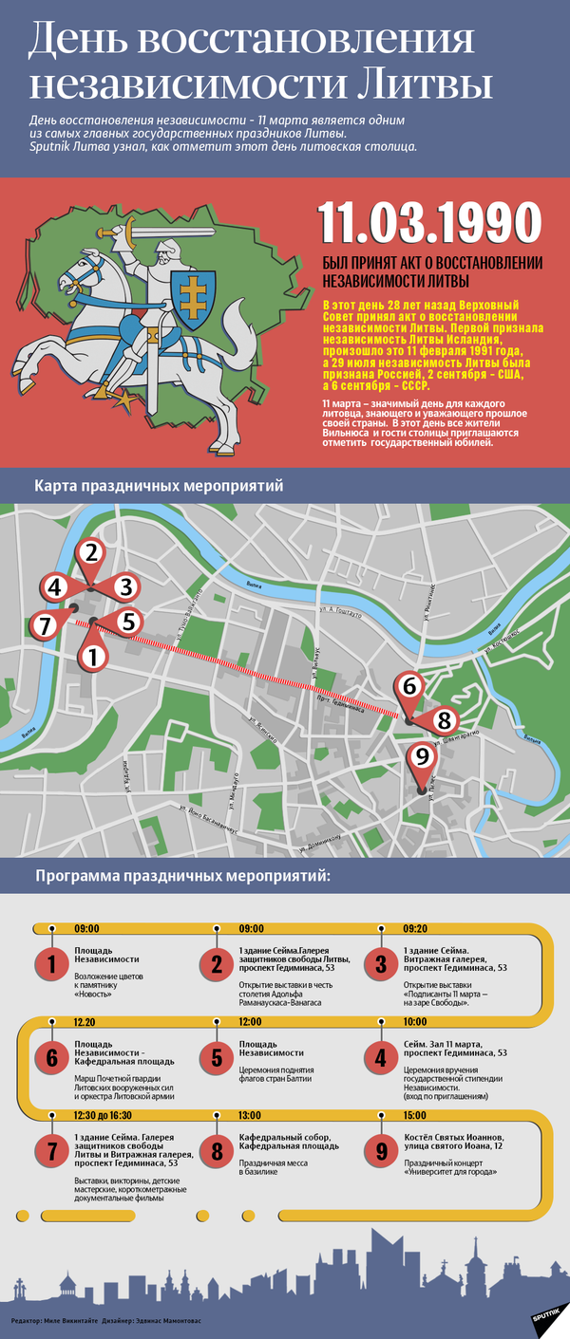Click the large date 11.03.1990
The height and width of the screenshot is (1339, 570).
[430, 222]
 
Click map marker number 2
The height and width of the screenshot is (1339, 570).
[90, 552]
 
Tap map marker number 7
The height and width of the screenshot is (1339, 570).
[42, 625]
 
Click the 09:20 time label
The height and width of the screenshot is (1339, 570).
[416, 928]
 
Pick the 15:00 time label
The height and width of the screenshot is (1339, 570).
[415, 1114]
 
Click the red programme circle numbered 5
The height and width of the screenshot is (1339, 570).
[217, 1057]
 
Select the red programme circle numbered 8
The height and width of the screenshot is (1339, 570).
[217, 1152]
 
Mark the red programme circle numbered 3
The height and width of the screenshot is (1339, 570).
[381, 964]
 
